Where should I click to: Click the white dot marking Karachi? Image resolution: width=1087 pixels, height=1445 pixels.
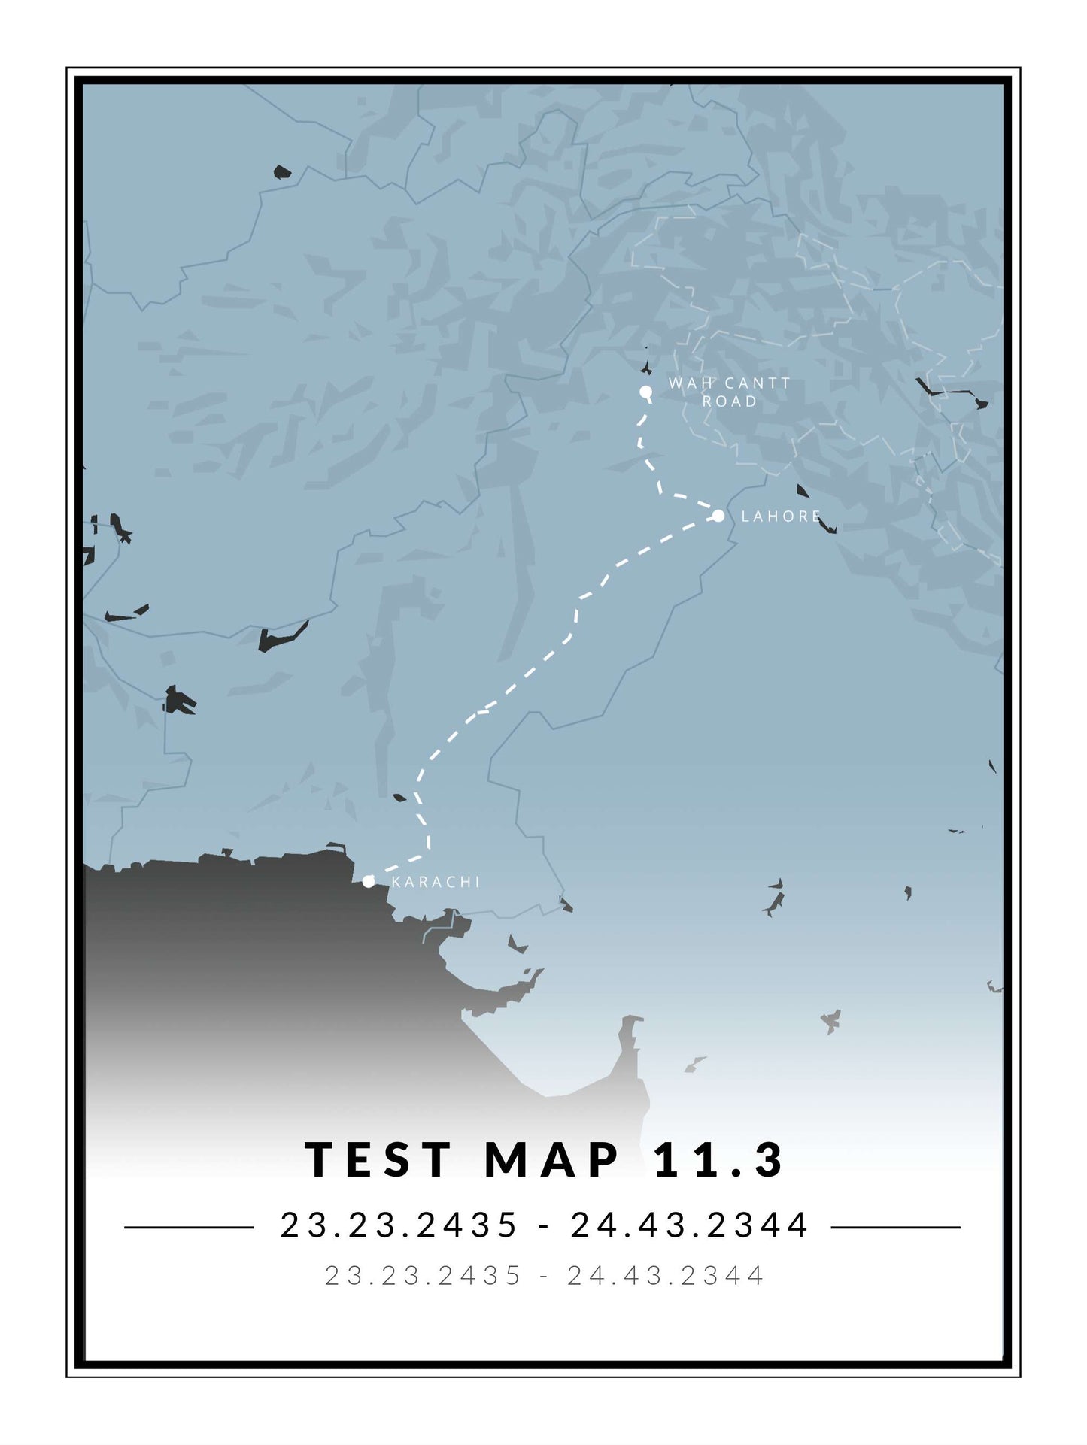point(368,881)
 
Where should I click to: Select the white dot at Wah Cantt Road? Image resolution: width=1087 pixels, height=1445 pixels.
point(645,392)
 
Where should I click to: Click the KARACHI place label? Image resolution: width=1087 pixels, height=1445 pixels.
point(436,882)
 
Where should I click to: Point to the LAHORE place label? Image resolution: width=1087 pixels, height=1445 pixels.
point(781,517)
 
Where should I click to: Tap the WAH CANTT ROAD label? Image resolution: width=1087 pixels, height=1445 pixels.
point(729,392)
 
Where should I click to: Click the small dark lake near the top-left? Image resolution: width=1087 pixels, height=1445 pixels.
point(281,172)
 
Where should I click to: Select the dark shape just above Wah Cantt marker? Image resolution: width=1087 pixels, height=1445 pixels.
point(645,368)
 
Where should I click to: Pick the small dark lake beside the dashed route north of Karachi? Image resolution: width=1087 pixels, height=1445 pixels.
point(399,797)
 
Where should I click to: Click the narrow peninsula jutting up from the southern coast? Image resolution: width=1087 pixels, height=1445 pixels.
point(628,1045)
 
